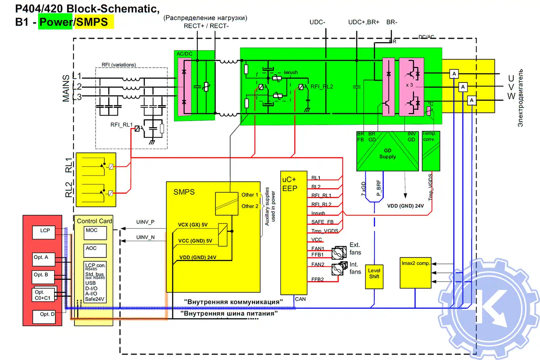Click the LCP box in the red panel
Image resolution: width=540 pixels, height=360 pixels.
(45, 232)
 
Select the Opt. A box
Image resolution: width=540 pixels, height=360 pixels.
(44, 258)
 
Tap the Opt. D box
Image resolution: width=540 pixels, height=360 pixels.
(47, 315)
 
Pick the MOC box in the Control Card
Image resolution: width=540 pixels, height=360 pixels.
(95, 233)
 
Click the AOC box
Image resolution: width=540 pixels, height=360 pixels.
(95, 250)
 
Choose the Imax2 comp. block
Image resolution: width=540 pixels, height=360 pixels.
(415, 272)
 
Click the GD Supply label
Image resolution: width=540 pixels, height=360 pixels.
(387, 154)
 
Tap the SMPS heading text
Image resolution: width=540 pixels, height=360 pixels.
(184, 192)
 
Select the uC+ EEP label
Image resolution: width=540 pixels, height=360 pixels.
(290, 184)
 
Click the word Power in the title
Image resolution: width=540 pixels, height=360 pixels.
(56, 22)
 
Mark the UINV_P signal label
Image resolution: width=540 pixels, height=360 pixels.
(145, 222)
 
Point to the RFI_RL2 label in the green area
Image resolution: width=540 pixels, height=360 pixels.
(321, 86)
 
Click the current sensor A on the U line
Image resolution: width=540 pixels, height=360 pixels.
(454, 74)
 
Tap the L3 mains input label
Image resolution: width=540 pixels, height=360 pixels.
(77, 97)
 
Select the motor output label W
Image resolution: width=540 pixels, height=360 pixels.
(511, 96)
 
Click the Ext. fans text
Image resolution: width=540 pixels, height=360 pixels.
(355, 248)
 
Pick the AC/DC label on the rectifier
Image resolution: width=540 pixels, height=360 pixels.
(184, 54)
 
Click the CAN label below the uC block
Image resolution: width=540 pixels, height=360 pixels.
(300, 299)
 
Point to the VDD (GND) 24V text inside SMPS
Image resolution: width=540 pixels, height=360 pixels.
(198, 257)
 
